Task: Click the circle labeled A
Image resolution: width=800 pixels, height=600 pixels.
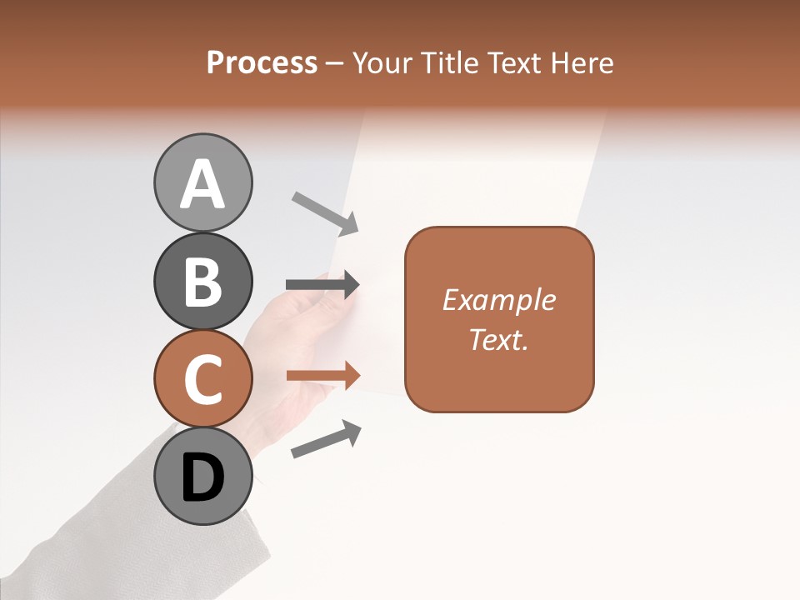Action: pyautogui.click(x=202, y=182)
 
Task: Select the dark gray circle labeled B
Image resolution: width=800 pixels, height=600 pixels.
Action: pyautogui.click(x=202, y=281)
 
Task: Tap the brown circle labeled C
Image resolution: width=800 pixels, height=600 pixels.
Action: pyautogui.click(x=202, y=378)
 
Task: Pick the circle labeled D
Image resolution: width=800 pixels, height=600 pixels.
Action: pyautogui.click(x=202, y=476)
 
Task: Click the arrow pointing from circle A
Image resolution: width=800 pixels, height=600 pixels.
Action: pyautogui.click(x=325, y=212)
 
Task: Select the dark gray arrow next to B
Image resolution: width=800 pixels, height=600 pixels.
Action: pyautogui.click(x=322, y=284)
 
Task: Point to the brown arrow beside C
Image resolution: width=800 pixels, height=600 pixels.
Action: pyautogui.click(x=322, y=376)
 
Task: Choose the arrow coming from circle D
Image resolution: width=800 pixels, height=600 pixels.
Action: pyautogui.click(x=326, y=439)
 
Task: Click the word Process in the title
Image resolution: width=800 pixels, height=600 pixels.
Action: pyautogui.click(x=262, y=63)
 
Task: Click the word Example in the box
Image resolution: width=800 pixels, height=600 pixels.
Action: pyautogui.click(x=498, y=300)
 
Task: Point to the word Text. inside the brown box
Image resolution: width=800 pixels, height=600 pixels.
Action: pyautogui.click(x=498, y=339)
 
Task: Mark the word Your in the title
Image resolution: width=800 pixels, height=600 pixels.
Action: pyautogui.click(x=379, y=63)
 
